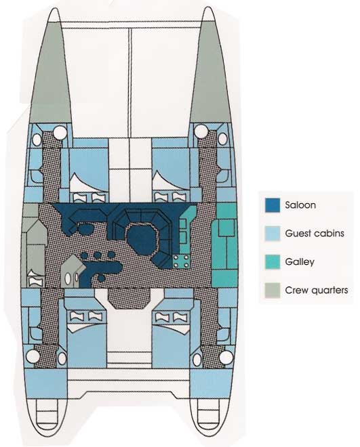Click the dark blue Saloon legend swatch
pos(273,205)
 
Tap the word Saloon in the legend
pos(300,205)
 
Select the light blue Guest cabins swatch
pos(273,234)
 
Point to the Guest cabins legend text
pos(315,234)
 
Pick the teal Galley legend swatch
pos(273,262)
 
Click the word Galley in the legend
pos(300,262)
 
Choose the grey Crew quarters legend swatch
pos(273,291)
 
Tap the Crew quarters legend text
pos(317,290)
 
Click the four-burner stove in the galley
pos(182,261)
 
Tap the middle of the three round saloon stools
pos(97,255)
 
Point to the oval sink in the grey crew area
pos(68,278)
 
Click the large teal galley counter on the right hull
pos(225,245)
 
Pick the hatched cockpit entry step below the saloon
pos(129,298)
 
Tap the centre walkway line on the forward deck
pos(130,82)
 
